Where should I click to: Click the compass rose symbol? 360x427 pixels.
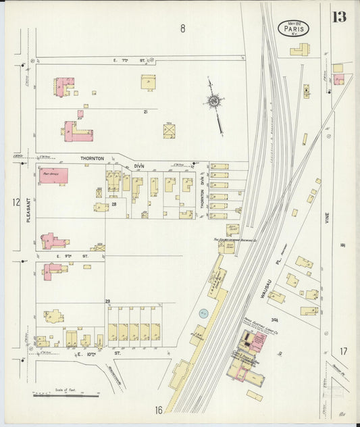pyautogui.click(x=214, y=102)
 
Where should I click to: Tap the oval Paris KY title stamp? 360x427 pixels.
pyautogui.click(x=294, y=28)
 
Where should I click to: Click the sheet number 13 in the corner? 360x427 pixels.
pyautogui.click(x=338, y=17)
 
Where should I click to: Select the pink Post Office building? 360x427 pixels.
pyautogui.click(x=55, y=176)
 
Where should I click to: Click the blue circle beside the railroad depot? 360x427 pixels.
pyautogui.click(x=203, y=313)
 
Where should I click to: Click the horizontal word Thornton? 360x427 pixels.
pyautogui.click(x=92, y=158)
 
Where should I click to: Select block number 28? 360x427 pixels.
pyautogui.click(x=114, y=203)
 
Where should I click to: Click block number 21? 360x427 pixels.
pyautogui.click(x=145, y=111)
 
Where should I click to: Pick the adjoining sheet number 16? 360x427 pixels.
pyautogui.click(x=158, y=409)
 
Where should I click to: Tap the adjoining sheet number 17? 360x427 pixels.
pyautogui.click(x=344, y=351)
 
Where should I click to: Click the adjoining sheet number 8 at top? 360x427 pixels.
pyautogui.click(x=182, y=28)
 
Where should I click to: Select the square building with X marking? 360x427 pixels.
pyautogui.click(x=169, y=130)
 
